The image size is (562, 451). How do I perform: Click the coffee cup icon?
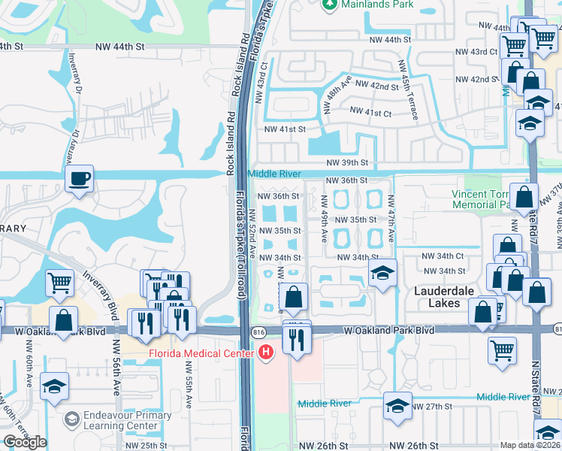(x=78, y=179)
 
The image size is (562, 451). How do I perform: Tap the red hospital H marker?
(x=265, y=352)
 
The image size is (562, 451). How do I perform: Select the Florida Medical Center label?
(x=204, y=352)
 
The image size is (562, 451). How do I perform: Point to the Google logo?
(x=25, y=442)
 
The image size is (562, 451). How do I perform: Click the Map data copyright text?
(x=530, y=445)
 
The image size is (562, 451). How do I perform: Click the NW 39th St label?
(x=348, y=162)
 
